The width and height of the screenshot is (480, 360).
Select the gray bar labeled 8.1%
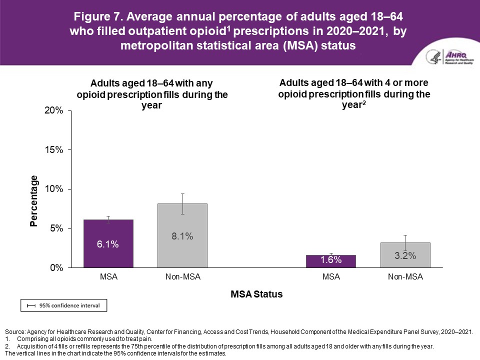(x=182, y=235)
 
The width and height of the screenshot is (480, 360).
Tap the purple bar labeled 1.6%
(x=331, y=261)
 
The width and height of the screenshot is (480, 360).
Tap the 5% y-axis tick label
(x=56, y=228)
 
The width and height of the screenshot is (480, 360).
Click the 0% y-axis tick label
(x=56, y=268)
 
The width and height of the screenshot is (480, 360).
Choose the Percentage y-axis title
(x=34, y=200)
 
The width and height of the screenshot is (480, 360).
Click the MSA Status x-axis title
(x=256, y=294)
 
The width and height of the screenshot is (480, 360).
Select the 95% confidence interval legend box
(x=63, y=304)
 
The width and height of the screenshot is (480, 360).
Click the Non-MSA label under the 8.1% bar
(x=182, y=277)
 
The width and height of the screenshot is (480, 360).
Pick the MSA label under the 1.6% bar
(x=331, y=277)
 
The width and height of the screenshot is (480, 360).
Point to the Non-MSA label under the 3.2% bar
(x=405, y=277)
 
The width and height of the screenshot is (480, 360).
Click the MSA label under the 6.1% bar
(x=108, y=277)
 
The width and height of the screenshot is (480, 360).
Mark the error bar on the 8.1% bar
(x=183, y=203)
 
